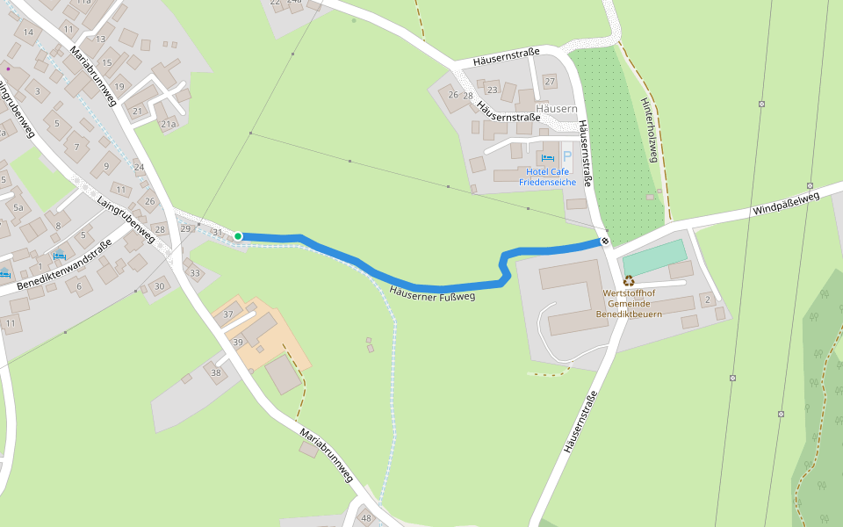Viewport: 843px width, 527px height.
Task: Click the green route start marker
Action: pos(238,236)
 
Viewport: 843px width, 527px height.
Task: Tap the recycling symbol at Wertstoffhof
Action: pos(629,281)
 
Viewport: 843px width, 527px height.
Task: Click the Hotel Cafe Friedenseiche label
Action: pos(547,177)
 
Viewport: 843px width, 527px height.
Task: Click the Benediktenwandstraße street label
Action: pos(65,267)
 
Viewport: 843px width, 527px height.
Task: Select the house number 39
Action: pos(237,341)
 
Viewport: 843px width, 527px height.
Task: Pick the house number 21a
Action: pos(168,125)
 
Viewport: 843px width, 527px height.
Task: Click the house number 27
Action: pos(551,82)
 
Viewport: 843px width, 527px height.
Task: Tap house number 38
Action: pos(216,372)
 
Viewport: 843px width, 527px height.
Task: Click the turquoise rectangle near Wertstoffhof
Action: pos(654,256)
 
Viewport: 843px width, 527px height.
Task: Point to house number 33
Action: pos(195,273)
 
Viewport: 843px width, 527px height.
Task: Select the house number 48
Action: pos(366,518)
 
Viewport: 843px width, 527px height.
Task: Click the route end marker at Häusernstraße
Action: pos(605,240)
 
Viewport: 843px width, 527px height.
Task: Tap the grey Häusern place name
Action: pos(556,109)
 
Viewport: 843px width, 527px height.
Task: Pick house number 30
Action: pos(159,286)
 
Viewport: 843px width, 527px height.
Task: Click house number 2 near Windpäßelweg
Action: pos(707,300)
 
